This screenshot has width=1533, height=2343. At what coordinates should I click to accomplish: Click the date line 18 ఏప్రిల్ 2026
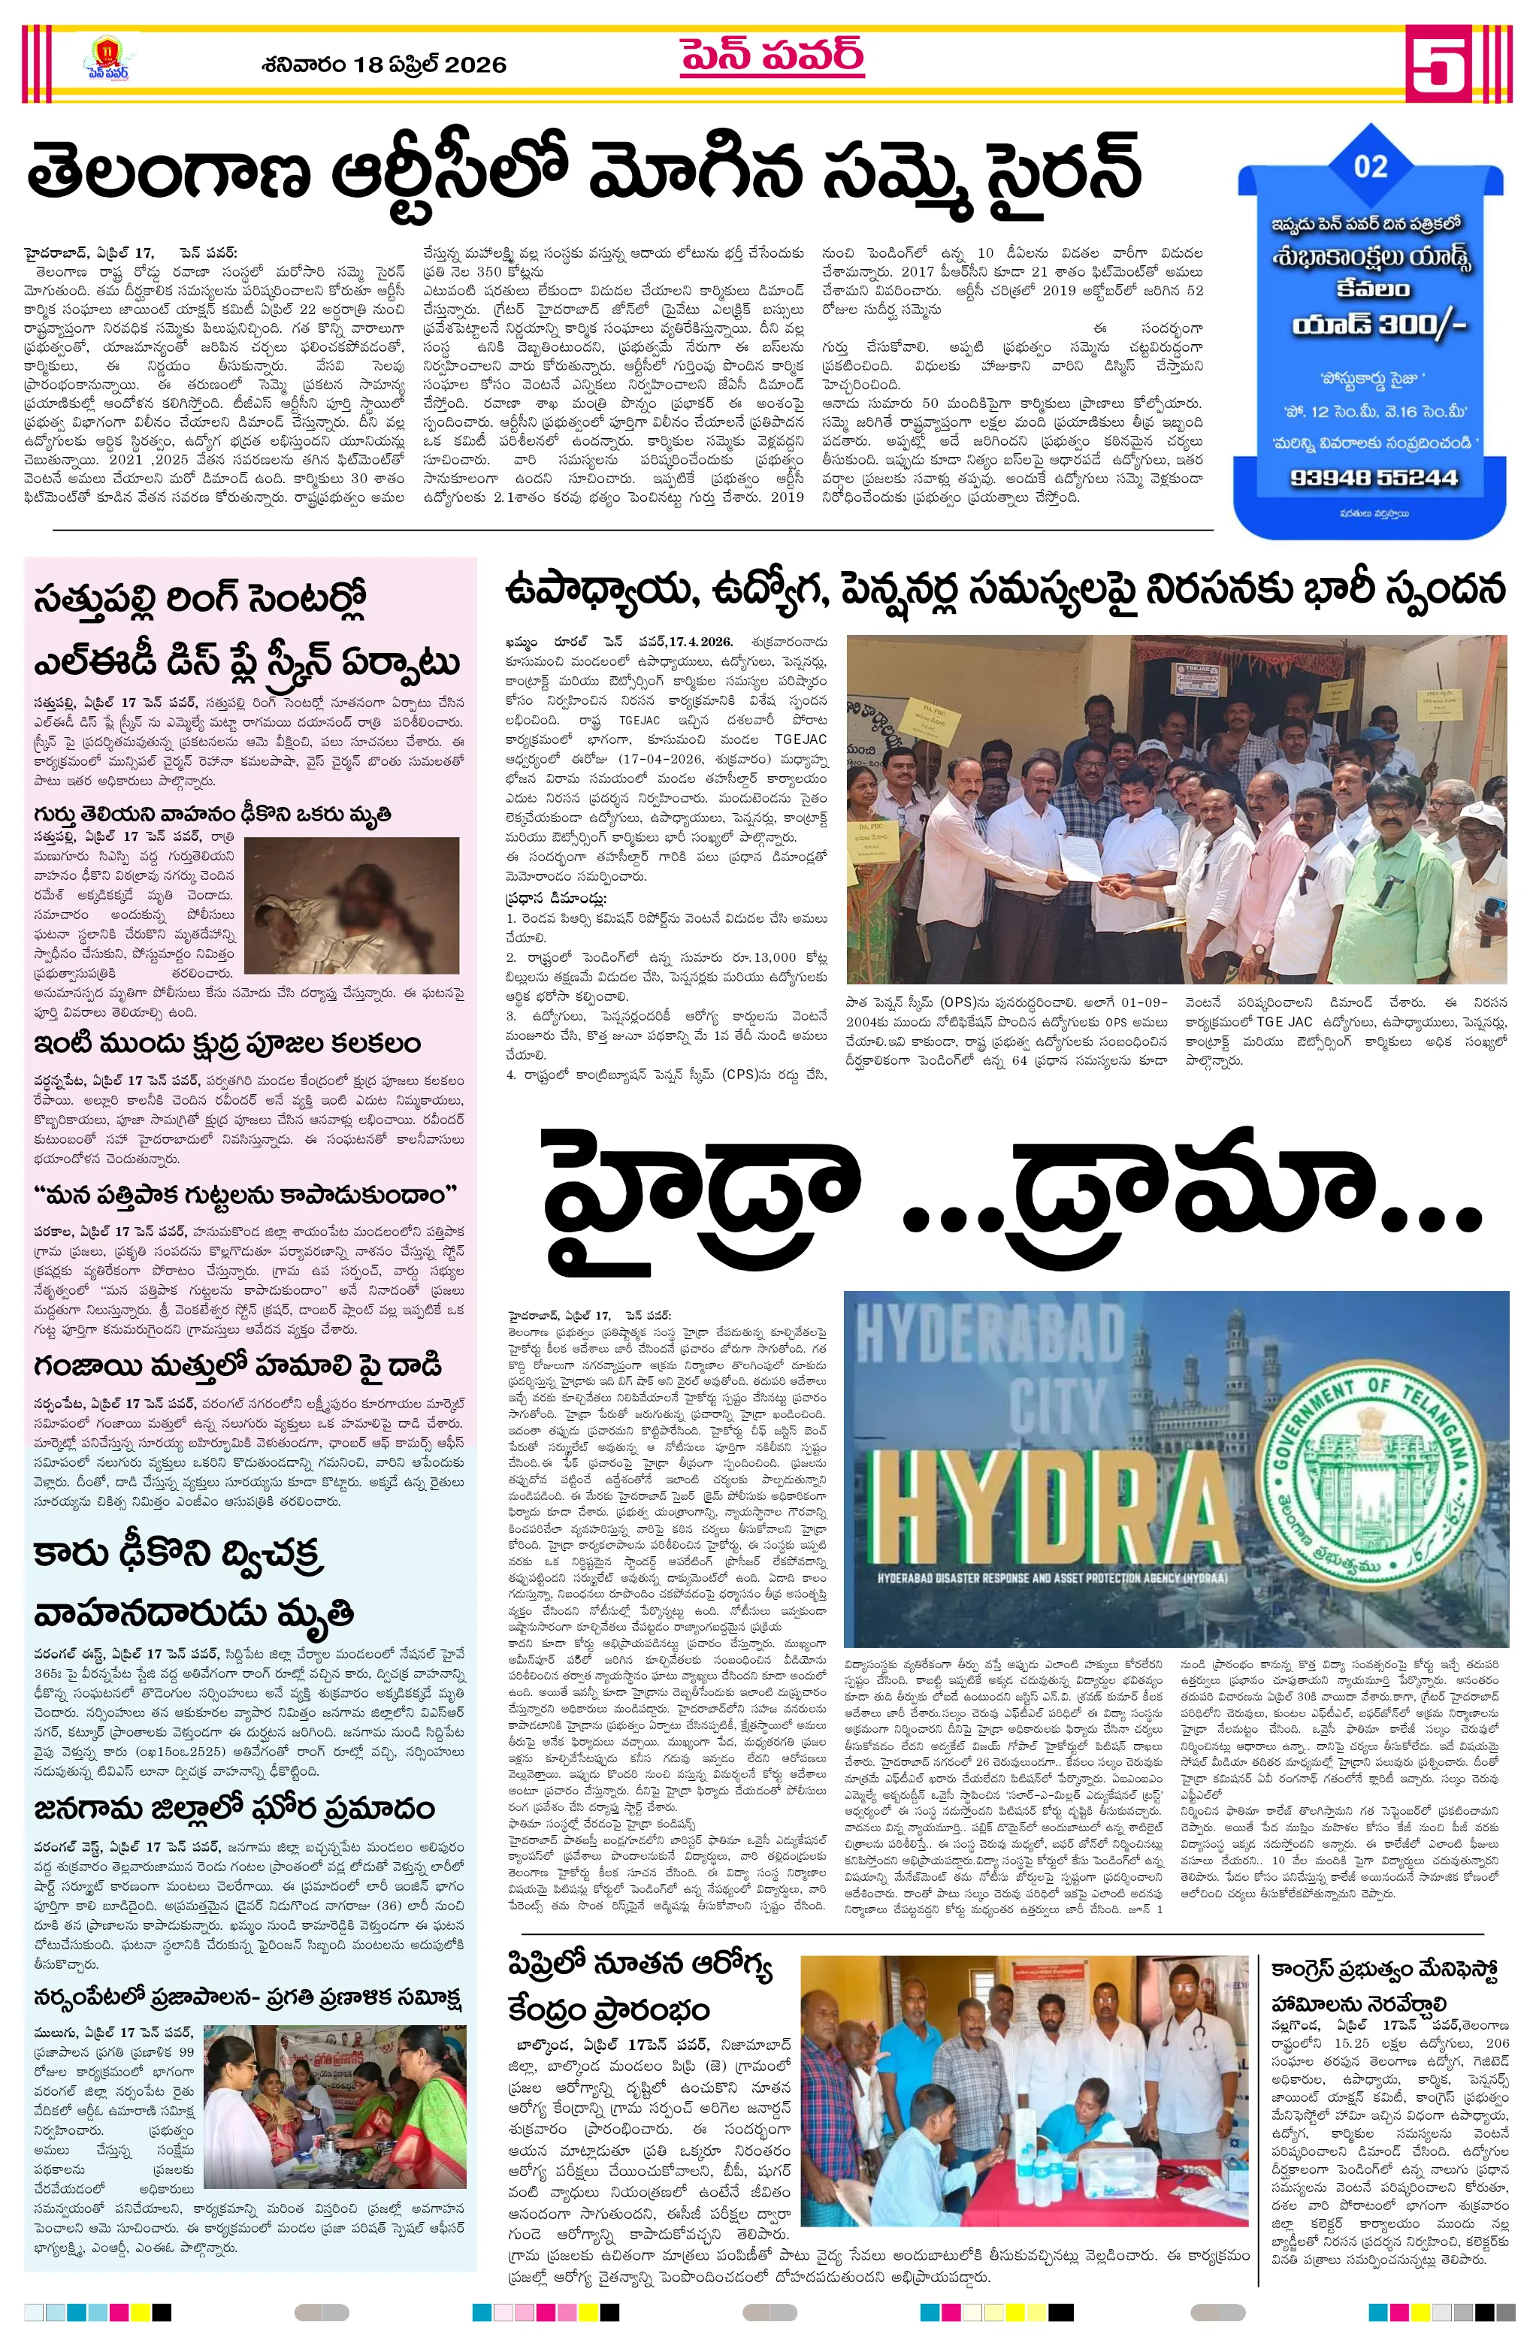coord(384,65)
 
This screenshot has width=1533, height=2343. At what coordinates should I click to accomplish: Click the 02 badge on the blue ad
coord(1370,166)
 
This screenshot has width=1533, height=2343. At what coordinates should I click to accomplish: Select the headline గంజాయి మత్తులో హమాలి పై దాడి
coord(237,1366)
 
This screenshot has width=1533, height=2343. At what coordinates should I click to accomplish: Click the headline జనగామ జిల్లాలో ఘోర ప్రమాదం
coord(234,1809)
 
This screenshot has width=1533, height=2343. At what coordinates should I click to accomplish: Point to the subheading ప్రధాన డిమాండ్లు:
coord(556,899)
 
